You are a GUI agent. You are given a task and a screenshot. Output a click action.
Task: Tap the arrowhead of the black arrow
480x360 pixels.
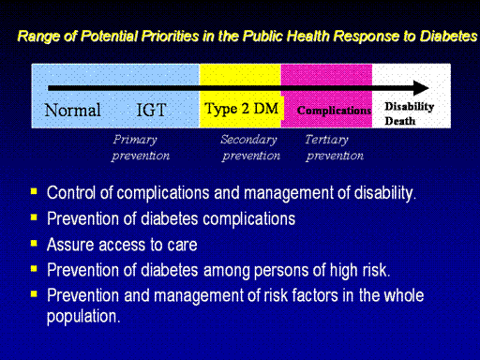click(x=421, y=88)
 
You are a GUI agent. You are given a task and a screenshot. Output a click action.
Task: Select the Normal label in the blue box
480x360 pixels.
click(x=72, y=110)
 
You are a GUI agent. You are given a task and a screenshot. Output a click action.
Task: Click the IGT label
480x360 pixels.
click(x=151, y=110)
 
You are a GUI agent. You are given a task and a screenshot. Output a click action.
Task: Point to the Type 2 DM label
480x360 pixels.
click(x=241, y=109)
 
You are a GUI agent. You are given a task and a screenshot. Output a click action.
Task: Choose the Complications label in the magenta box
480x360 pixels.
click(x=334, y=111)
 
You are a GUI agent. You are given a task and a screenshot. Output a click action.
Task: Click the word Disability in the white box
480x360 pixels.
click(x=410, y=107)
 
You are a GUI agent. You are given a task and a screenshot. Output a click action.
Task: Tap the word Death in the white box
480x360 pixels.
click(x=400, y=121)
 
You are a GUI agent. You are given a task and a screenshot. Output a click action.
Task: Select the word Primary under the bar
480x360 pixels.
click(x=135, y=140)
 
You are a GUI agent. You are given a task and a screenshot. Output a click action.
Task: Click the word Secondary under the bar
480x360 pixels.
click(x=248, y=140)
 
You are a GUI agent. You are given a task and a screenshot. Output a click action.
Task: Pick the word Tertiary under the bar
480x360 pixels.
click(x=326, y=140)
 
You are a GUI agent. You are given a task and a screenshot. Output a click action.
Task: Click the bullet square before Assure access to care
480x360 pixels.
click(x=34, y=243)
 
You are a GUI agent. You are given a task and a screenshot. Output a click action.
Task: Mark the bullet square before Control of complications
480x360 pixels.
click(x=34, y=191)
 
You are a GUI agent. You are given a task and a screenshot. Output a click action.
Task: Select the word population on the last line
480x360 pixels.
click(x=83, y=317)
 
